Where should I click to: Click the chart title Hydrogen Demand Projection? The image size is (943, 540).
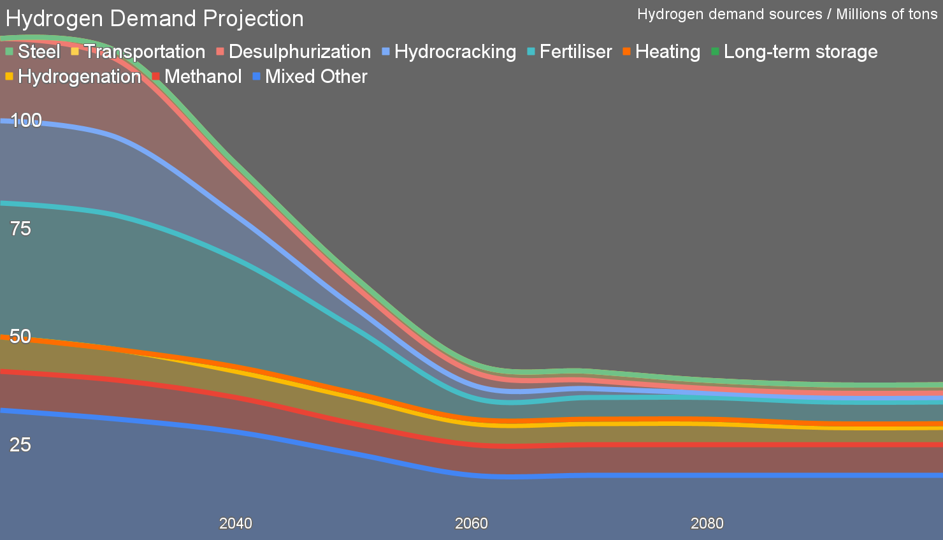(155, 18)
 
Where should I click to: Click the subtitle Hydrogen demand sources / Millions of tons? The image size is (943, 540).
(787, 14)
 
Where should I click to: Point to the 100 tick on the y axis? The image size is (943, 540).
(26, 120)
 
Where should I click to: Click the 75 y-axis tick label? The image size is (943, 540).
(20, 228)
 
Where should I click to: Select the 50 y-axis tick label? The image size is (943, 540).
(20, 336)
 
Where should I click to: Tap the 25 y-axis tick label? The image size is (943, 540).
(20, 444)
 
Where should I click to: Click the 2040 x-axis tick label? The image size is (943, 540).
(236, 523)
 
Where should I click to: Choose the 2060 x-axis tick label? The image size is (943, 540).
(471, 523)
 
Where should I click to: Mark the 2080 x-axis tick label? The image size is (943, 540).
(707, 523)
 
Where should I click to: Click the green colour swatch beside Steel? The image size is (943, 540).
(9, 52)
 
